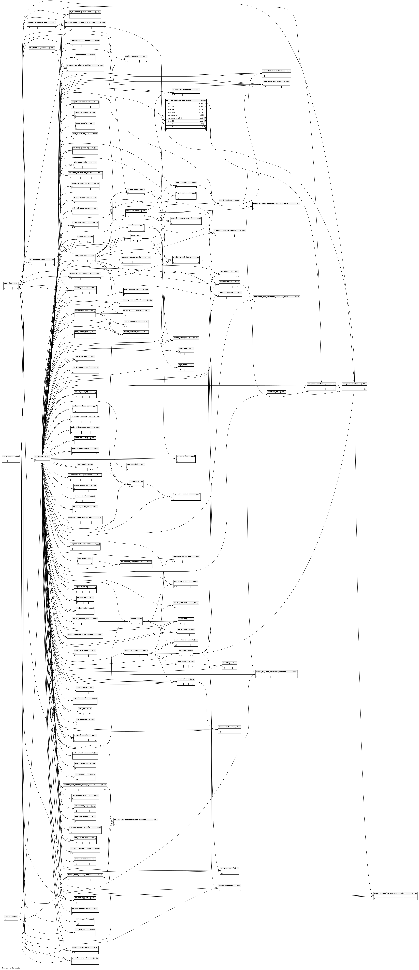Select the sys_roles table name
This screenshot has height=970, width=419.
pos(8,283)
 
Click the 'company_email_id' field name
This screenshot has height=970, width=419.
pos(175,118)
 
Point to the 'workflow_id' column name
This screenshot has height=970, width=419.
pos(173,127)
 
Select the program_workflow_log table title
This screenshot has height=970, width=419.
pos(317,384)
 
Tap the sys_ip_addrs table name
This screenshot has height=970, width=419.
pos(8,456)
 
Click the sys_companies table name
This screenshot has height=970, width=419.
pos(81,255)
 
